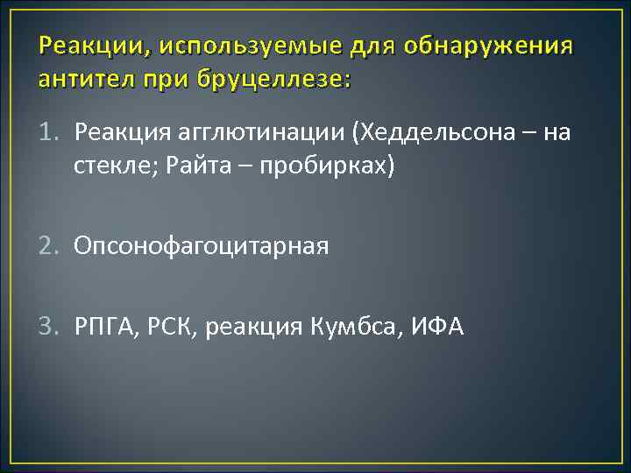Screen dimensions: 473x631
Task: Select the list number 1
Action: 51,133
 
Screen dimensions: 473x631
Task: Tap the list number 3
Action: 51,327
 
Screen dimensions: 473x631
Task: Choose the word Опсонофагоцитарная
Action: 202,247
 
